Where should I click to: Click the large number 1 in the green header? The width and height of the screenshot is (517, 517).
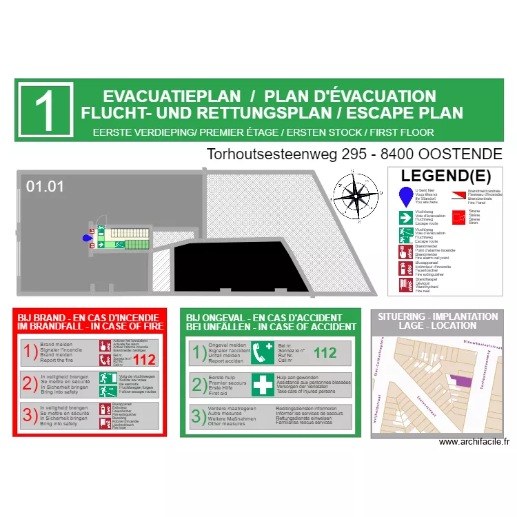click(x=45, y=110)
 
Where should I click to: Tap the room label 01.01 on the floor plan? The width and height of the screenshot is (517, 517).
click(x=45, y=186)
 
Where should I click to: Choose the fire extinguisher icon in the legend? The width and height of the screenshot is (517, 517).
click(x=405, y=268)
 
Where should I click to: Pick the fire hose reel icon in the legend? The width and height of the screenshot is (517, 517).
click(x=405, y=285)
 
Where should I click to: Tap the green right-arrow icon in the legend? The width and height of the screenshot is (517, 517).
click(x=405, y=218)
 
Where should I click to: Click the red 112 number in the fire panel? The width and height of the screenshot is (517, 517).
click(x=144, y=359)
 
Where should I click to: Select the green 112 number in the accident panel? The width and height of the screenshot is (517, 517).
click(x=325, y=353)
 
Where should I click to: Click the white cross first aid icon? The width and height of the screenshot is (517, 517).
click(x=263, y=385)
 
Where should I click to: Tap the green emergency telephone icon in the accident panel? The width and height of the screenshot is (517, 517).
click(x=263, y=353)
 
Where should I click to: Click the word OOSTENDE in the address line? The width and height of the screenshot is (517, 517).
click(x=460, y=154)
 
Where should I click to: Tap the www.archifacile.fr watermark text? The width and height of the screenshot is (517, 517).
click(x=474, y=443)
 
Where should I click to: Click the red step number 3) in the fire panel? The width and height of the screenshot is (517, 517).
click(x=30, y=415)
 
